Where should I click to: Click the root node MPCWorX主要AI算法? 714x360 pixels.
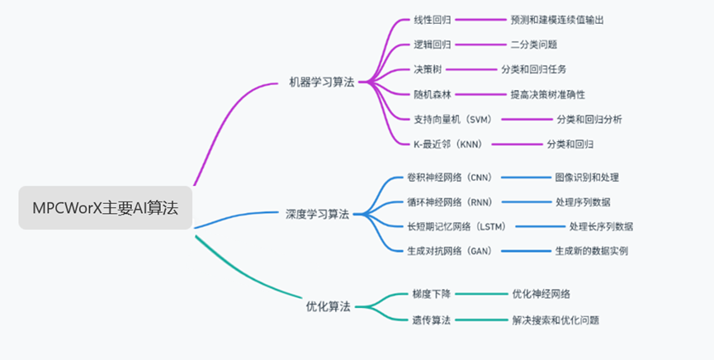point(105,208)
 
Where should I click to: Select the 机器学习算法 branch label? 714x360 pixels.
point(322,82)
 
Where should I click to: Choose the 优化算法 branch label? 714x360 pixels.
point(329,306)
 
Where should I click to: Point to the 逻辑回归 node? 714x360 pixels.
point(432,45)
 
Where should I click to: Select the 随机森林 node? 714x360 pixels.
point(432,94)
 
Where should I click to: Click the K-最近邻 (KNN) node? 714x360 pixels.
point(447,144)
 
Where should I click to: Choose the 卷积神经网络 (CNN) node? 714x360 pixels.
point(449,177)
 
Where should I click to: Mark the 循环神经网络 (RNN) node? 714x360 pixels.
point(449,201)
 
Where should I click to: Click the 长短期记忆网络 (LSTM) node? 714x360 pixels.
point(456,226)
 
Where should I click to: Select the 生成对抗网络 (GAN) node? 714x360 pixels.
point(449,251)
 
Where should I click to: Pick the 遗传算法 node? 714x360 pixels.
point(432,320)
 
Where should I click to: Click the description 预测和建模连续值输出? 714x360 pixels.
point(563,19)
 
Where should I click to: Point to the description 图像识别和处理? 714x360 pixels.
point(587,177)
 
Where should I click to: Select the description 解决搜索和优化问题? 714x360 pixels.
point(556,320)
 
